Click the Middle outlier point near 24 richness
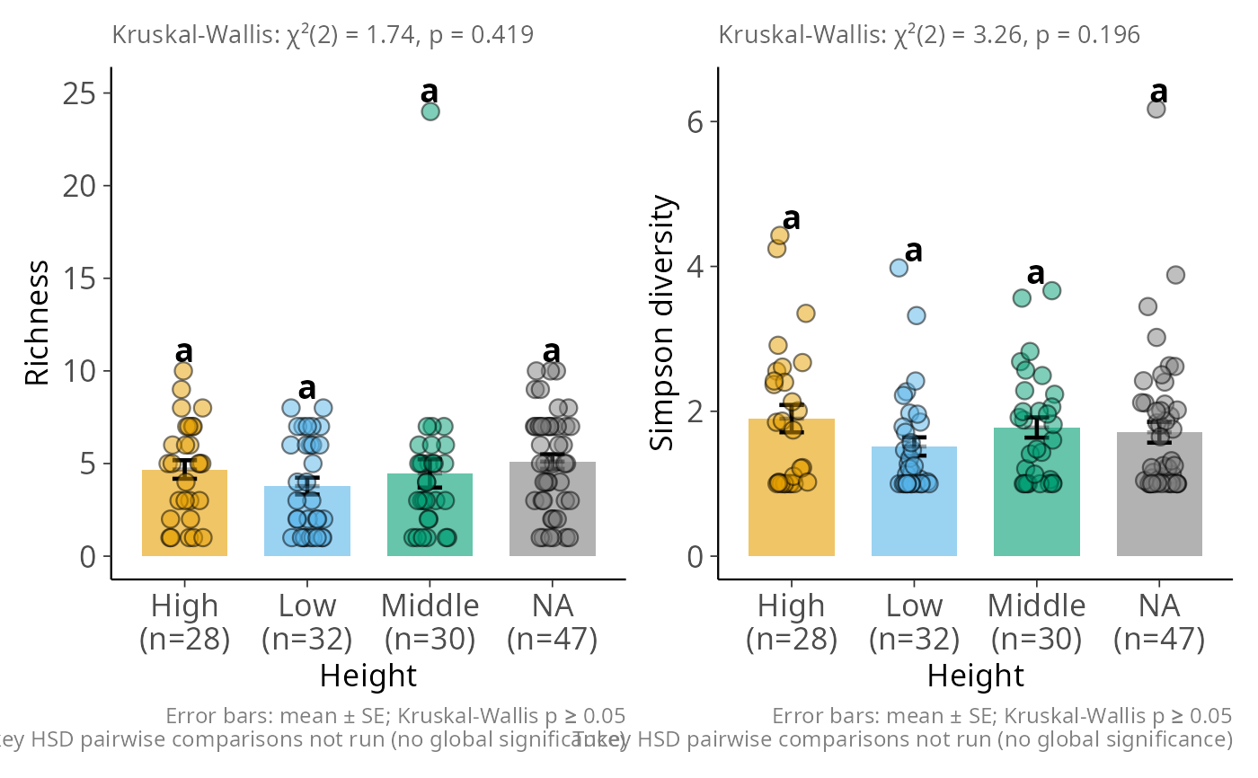[430, 111]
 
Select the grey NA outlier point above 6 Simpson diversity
[1156, 109]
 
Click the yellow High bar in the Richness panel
[184, 521]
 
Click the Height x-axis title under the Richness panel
[368, 676]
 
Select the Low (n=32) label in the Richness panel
[307, 623]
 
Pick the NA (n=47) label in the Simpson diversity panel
[1159, 623]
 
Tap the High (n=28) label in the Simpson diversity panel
[792, 623]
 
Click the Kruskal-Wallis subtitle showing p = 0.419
[323, 35]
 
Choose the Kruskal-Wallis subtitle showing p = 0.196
[929, 35]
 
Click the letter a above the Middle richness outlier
[430, 92]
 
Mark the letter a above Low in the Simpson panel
[914, 251]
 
